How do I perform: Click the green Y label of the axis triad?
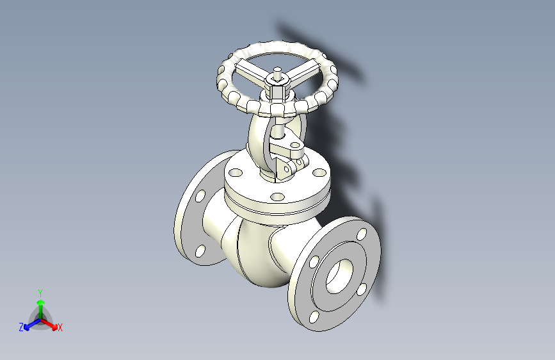pos(40,291)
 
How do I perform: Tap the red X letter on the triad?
pos(60,327)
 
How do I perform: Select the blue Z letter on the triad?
pos(21,327)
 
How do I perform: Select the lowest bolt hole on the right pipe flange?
pos(313,316)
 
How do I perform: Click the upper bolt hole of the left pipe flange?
pos(200,195)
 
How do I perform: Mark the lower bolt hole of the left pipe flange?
pos(200,250)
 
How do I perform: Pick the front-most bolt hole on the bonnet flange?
pos(277,197)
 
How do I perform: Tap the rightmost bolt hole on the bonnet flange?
pos(318,173)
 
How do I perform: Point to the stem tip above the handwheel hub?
pos(277,71)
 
